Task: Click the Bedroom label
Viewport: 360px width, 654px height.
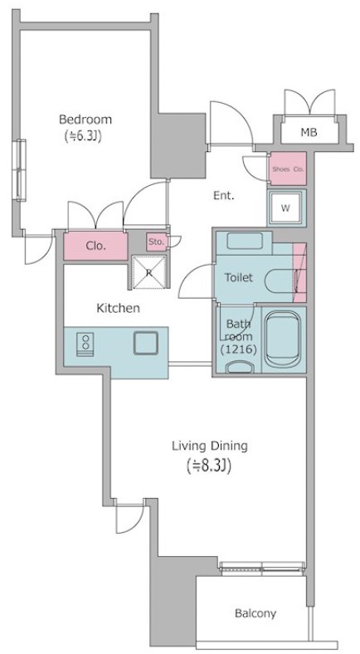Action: coord(85,120)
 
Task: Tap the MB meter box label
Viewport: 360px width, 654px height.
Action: coord(309,133)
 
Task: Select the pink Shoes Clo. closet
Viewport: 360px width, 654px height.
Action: coord(288,168)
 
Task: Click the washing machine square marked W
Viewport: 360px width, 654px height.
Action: coord(285,208)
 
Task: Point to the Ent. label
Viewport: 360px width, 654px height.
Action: coord(224,195)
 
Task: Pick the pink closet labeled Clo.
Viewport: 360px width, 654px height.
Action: coord(95,246)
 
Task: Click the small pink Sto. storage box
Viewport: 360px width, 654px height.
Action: coord(156,242)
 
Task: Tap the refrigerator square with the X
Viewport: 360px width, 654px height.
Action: coord(149,272)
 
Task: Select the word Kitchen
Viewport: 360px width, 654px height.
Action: coord(119,309)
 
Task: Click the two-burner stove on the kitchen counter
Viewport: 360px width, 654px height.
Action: coord(85,344)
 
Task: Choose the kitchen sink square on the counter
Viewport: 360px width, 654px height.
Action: coord(146,343)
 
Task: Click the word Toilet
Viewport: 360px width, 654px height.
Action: coord(239,277)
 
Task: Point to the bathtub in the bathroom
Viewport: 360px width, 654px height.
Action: coord(283,339)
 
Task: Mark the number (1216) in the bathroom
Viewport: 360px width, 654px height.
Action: coord(238,349)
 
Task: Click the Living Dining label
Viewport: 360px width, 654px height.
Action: coord(210,446)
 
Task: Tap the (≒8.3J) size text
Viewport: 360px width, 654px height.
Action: coord(209,466)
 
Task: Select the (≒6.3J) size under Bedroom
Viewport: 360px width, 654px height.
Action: coord(83,135)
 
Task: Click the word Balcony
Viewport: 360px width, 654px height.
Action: coord(255,613)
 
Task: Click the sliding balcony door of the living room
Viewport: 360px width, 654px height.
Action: coord(262,566)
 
